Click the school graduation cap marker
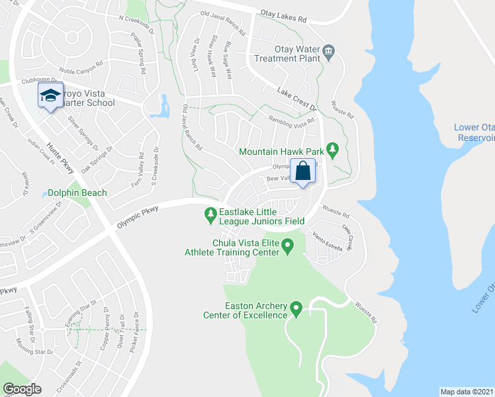(x=50, y=96)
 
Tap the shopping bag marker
(x=302, y=171)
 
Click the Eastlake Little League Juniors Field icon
(x=210, y=212)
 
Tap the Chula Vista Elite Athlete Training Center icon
(x=287, y=247)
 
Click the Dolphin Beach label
(x=77, y=193)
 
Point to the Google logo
(x=22, y=389)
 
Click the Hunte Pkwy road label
(x=60, y=159)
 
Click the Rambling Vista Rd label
(x=291, y=122)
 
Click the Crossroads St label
(x=68, y=375)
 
